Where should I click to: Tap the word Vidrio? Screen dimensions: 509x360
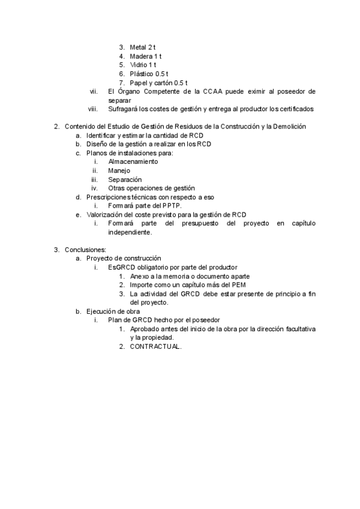pyautogui.click(x=139, y=65)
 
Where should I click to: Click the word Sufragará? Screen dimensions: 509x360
pyautogui.click(x=124, y=109)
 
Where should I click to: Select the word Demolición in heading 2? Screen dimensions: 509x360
pyautogui.click(x=287, y=127)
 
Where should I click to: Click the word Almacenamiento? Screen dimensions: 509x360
pyautogui.click(x=133, y=162)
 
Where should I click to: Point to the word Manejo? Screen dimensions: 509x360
pyautogui.click(x=119, y=171)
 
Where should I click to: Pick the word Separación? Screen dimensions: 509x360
pyautogui.click(x=125, y=179)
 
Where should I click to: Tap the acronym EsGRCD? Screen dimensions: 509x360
pyautogui.click(x=121, y=267)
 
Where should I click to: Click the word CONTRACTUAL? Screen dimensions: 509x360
pyautogui.click(x=155, y=347)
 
